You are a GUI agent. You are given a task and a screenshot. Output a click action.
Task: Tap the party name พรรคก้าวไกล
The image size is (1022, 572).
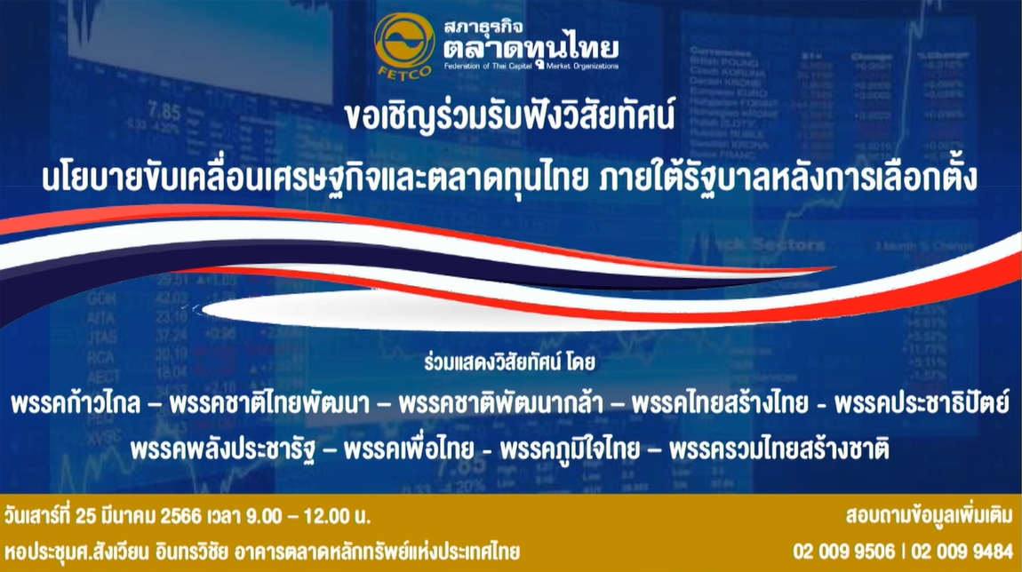(x=76, y=403)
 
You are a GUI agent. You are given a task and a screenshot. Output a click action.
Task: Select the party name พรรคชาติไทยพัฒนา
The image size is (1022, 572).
(x=273, y=403)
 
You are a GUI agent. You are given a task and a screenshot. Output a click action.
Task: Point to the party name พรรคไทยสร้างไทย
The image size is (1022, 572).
(x=720, y=403)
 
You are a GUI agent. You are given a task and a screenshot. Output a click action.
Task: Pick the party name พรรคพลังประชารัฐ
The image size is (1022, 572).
(x=223, y=449)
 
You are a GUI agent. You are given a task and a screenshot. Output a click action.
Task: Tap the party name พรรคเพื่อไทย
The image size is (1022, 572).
(x=409, y=449)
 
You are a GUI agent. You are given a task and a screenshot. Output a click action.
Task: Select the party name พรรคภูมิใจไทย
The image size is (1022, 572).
(x=570, y=449)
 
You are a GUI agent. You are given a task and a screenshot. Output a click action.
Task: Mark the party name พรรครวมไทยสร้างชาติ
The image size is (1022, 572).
(x=779, y=449)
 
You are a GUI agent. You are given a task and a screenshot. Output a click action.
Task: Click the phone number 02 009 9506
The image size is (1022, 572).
(x=844, y=552)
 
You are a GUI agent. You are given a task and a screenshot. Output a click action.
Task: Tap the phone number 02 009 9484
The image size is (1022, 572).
(x=962, y=552)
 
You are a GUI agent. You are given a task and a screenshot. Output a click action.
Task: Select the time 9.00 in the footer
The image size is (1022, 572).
(x=265, y=517)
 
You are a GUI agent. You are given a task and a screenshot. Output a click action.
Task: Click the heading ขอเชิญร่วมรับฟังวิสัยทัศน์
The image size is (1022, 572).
(x=510, y=117)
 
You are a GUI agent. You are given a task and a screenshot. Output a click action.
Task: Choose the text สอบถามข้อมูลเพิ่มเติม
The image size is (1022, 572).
(x=930, y=515)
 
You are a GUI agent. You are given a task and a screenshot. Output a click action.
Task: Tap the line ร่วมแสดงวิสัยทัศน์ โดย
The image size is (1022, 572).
(x=510, y=362)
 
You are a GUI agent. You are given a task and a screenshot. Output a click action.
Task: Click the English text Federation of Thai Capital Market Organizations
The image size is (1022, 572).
(x=531, y=66)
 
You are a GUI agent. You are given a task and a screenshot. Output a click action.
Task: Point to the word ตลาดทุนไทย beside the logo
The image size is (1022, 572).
(x=531, y=47)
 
